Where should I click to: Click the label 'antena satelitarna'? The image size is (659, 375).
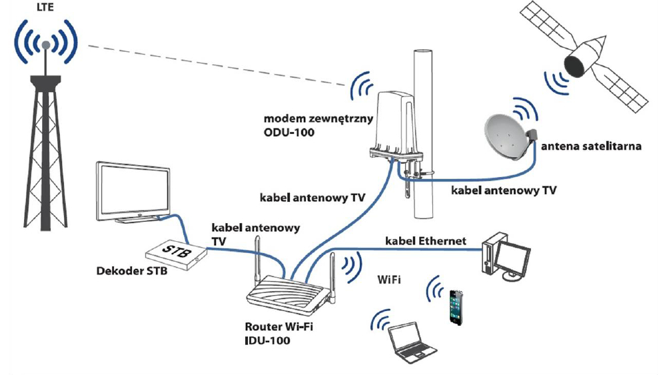click(590, 146)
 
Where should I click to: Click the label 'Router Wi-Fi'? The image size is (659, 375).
click(279, 327)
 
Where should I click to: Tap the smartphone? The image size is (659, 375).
click(456, 306)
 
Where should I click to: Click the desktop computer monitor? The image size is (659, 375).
click(516, 257)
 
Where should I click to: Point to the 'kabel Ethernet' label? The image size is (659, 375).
click(426, 240)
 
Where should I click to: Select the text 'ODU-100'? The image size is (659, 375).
click(289, 132)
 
